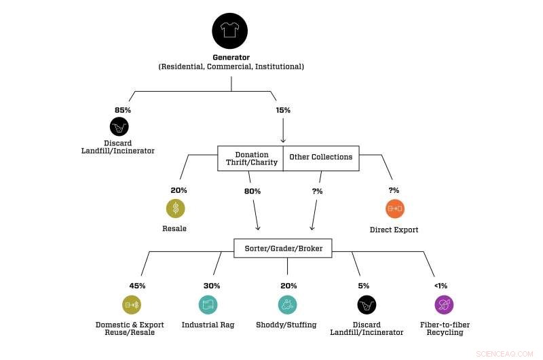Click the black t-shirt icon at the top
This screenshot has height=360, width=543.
(230, 31)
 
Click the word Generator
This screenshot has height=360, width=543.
(231, 57)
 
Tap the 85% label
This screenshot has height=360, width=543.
(122, 110)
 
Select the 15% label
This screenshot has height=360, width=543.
(283, 110)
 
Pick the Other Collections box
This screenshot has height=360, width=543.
(320, 158)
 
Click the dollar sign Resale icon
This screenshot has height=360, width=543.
(175, 209)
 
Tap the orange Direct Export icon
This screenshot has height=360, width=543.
(394, 209)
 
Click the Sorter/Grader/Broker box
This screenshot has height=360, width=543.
(288, 249)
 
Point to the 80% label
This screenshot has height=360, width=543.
(252, 191)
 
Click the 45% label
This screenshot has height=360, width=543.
(137, 286)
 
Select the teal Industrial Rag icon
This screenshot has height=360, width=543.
(208, 305)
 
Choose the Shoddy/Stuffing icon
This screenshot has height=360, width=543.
(287, 305)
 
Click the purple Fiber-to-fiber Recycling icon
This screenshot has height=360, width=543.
(445, 305)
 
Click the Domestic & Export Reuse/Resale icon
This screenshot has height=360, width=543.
(132, 305)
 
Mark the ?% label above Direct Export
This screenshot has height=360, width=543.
(394, 191)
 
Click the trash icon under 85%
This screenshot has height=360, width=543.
(119, 126)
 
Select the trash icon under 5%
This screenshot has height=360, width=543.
(366, 305)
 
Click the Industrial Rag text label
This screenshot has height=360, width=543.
(208, 325)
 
